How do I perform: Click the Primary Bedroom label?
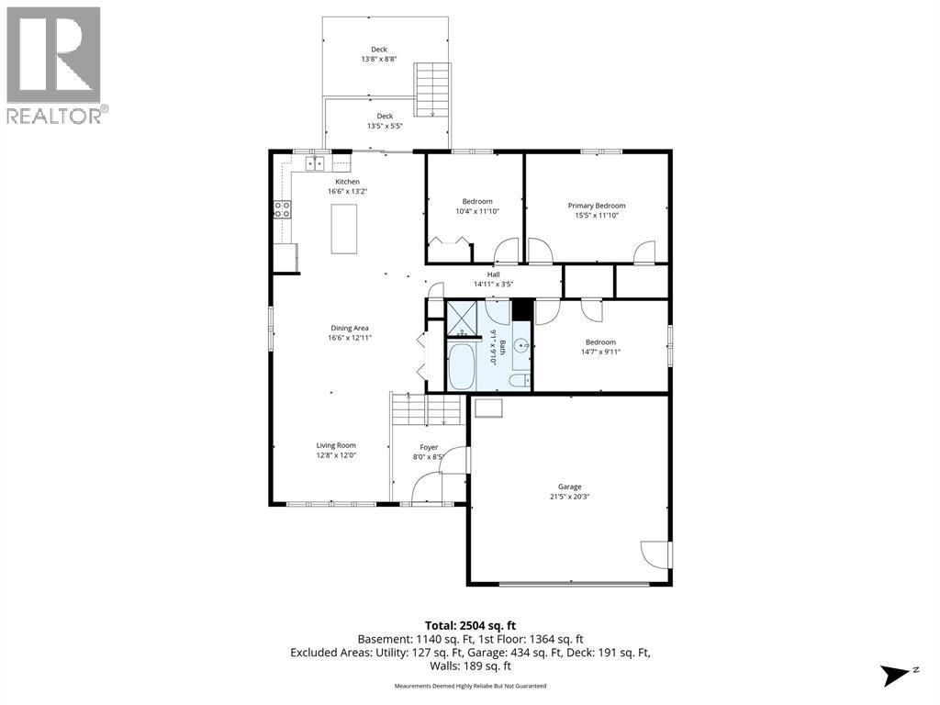597,206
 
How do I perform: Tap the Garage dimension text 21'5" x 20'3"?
569,497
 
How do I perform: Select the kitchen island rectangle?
344,229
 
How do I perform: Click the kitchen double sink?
316,162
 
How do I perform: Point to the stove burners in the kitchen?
283,209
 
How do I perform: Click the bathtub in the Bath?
461,365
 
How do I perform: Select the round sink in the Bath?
522,345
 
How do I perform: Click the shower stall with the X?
462,318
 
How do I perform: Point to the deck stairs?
431,90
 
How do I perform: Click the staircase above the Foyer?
427,408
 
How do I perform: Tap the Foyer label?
429,447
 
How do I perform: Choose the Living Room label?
336,445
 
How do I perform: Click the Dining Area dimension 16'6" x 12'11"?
350,338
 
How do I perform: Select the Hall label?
493,274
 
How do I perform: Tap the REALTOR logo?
58,65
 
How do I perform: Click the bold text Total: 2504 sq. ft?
470,626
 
